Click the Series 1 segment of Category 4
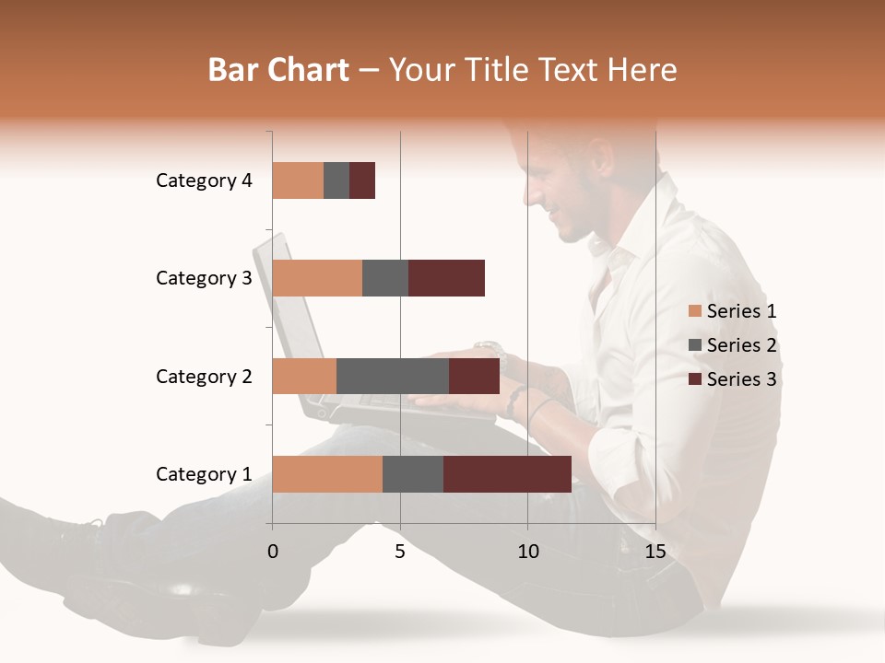298,180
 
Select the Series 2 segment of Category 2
393,376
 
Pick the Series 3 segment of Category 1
507,474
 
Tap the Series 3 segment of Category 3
446,278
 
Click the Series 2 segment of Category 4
336,180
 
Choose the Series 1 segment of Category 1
327,474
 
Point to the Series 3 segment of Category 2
474,376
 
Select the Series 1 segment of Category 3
317,278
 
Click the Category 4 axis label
204,180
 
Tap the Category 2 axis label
204,377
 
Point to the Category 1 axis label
204,474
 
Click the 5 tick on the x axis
400,552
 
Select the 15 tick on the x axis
655,552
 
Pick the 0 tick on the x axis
273,552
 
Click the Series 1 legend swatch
694,311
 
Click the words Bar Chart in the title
278,70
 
